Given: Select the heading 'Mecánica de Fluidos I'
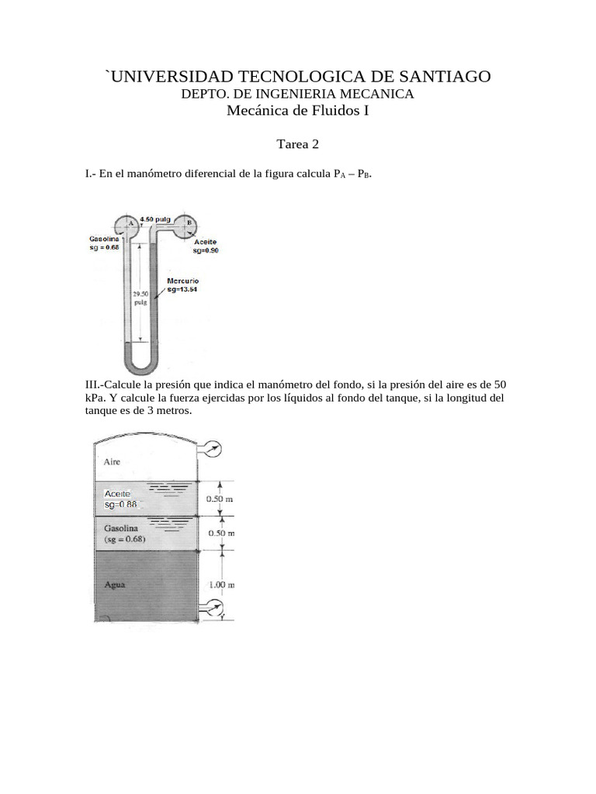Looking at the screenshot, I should pyautogui.click(x=298, y=111).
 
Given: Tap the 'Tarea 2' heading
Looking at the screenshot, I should pyautogui.click(x=298, y=144).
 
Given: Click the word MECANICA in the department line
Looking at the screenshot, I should pyautogui.click(x=379, y=94).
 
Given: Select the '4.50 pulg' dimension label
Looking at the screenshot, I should pyautogui.click(x=155, y=219).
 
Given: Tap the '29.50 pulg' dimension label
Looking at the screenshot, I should pyautogui.click(x=140, y=299).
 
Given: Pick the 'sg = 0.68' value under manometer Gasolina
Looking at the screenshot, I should pyautogui.click(x=104, y=247).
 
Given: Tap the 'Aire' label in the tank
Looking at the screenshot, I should pyautogui.click(x=112, y=461).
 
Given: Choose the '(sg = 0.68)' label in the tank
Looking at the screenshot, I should pyautogui.click(x=124, y=539).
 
